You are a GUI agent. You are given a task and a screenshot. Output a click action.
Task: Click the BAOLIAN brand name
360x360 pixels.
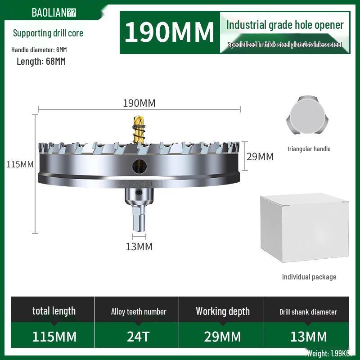(x=54, y=12)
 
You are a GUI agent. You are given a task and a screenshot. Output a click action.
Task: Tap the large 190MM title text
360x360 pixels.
(x=169, y=32)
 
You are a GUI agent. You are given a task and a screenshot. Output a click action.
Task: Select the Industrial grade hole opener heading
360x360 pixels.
(x=284, y=25)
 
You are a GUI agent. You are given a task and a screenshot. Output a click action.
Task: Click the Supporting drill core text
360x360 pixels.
(x=48, y=33)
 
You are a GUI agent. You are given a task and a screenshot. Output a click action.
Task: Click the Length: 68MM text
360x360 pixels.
(x=41, y=62)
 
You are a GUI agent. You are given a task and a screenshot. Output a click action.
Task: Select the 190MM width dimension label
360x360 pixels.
(x=139, y=103)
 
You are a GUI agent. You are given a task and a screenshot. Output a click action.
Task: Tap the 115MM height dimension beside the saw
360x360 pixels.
(x=20, y=164)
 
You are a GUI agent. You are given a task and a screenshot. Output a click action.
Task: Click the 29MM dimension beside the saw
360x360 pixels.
(x=260, y=157)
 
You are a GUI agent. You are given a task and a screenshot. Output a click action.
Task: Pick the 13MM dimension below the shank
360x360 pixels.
(x=139, y=247)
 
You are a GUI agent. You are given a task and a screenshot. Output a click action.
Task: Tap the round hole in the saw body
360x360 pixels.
(x=139, y=166)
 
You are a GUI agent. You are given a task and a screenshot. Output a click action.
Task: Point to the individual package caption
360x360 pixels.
(x=309, y=277)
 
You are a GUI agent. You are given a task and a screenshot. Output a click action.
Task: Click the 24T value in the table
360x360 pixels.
(x=139, y=337)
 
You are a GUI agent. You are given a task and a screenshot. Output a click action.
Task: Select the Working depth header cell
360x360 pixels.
(x=222, y=311)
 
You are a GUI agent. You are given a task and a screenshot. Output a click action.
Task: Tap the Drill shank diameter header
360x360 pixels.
(x=308, y=312)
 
